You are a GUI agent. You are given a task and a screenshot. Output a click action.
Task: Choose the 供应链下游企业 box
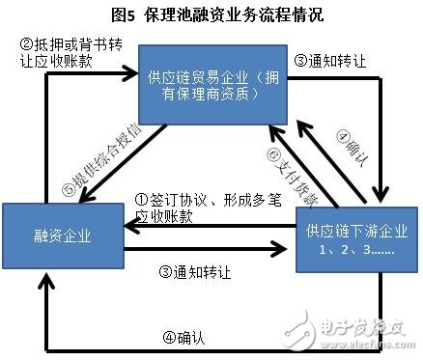point(348,239)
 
